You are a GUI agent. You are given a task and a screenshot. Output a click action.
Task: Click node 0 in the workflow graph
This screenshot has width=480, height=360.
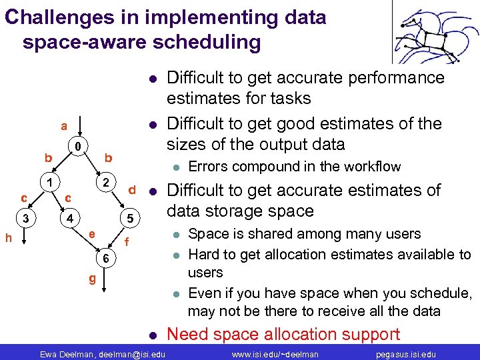78,147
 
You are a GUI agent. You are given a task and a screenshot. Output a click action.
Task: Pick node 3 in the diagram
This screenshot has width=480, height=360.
25,218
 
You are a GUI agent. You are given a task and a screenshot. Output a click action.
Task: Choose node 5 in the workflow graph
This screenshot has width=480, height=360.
131,218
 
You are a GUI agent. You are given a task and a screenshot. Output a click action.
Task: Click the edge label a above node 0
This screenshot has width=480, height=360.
63,125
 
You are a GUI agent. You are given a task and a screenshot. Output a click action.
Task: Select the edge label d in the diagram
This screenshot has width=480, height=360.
132,190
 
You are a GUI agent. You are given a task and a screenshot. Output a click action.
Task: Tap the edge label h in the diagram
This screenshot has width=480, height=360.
7,237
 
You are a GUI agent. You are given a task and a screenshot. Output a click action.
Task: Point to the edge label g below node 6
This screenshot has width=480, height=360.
93,278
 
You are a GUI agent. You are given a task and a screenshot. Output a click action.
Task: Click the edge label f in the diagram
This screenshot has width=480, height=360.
127,243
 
